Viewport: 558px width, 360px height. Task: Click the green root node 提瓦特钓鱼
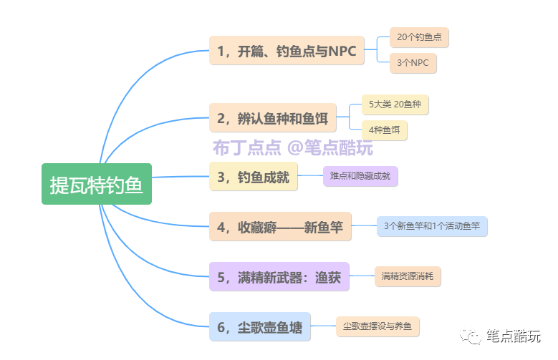pyautogui.click(x=97, y=184)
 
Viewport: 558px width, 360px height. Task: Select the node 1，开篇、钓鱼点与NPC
pyautogui.click(x=287, y=51)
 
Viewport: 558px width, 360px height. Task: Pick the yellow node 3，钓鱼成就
pyautogui.click(x=253, y=177)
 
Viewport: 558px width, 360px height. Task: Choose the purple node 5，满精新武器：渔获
pyautogui.click(x=279, y=276)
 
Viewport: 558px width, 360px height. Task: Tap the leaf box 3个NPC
pyautogui.click(x=413, y=63)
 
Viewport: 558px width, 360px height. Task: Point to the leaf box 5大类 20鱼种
pyautogui.click(x=395, y=104)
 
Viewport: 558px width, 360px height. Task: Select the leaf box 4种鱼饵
pyautogui.click(x=385, y=130)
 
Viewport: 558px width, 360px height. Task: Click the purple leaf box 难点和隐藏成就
pyautogui.click(x=360, y=176)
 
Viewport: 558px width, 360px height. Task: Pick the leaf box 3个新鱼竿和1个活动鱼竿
pyautogui.click(x=431, y=226)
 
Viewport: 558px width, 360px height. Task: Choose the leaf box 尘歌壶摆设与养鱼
pyautogui.click(x=377, y=327)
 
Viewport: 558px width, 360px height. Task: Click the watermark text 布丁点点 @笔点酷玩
pyautogui.click(x=292, y=148)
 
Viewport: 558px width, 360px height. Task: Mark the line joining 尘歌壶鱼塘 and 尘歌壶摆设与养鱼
pyautogui.click(x=323, y=328)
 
